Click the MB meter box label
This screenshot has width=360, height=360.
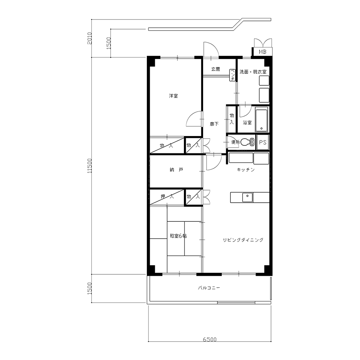coord(262,52)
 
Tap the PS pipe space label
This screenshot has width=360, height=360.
coord(263,142)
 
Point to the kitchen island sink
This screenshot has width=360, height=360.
coord(247,197)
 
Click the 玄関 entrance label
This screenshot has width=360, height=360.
coord(216,69)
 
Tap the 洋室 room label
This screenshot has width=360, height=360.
coord(174,96)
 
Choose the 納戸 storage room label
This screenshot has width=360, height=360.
coord(176,170)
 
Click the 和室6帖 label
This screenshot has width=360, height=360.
coord(178,235)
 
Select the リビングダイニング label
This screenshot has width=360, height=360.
coord(243,240)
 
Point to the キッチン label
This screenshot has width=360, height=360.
coord(246,170)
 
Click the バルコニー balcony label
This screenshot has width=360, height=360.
coord(209,288)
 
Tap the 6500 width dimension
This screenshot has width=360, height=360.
coord(210,339)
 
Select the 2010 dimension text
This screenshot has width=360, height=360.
coord(90,38)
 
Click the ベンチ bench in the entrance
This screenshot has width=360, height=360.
coord(232,75)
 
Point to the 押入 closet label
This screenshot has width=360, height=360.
coord(167,197)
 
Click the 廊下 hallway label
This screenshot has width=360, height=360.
coord(214,124)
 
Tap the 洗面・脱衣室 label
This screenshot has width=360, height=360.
coord(253,72)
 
